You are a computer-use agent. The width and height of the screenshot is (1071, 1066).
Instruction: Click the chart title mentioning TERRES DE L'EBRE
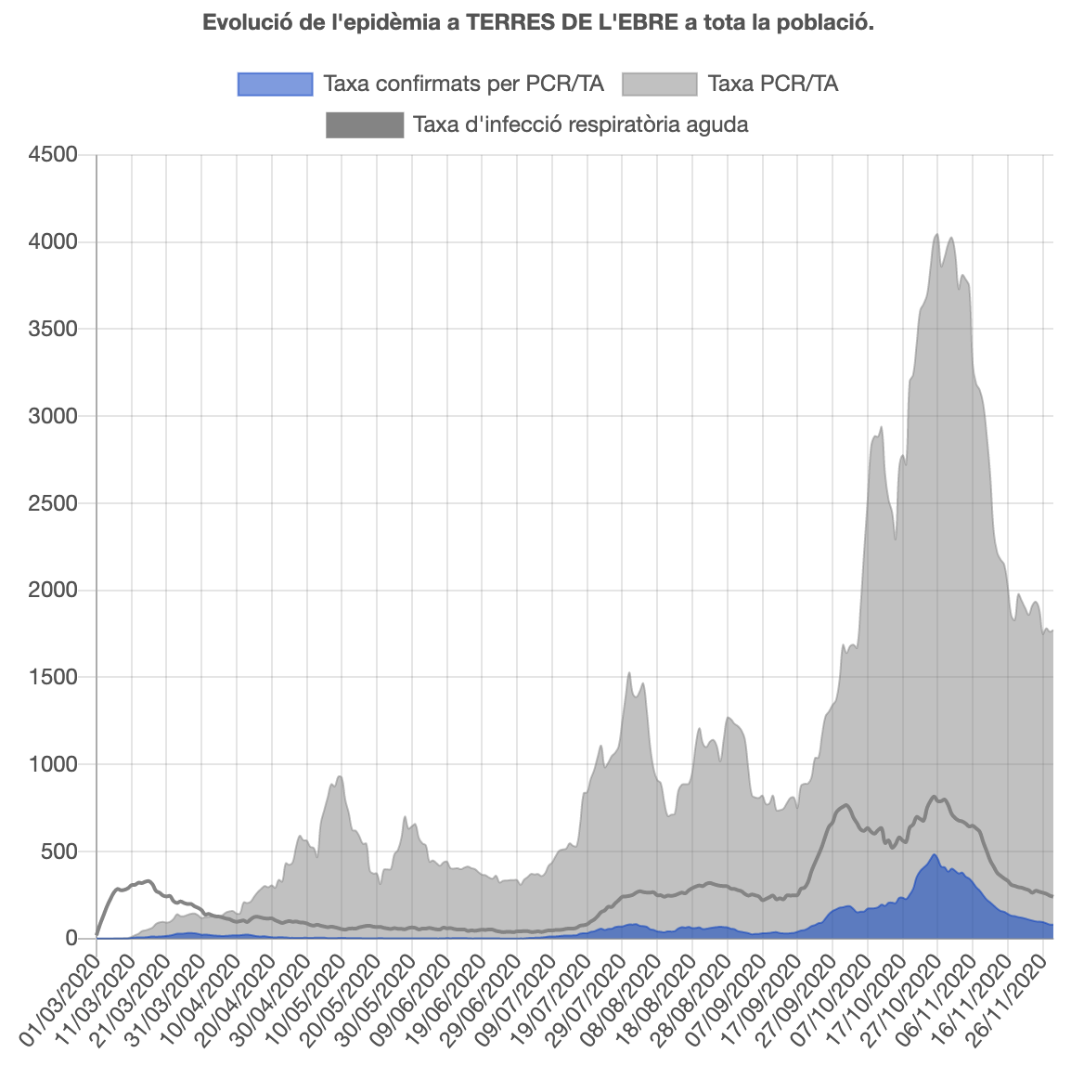538,22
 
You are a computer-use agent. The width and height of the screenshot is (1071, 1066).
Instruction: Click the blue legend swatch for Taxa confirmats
276,84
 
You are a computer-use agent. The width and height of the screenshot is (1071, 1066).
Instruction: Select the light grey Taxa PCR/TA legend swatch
659,84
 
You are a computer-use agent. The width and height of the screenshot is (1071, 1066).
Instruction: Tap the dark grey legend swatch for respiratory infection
365,124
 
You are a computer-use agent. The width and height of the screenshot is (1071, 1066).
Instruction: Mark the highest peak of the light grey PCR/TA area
937,234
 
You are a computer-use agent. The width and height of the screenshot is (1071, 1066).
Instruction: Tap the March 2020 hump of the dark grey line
148,880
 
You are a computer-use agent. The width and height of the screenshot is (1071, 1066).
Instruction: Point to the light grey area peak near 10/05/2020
340,776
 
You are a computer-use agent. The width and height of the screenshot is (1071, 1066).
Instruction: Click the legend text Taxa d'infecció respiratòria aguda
581,124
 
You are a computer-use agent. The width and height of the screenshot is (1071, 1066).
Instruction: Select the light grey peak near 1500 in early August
629,673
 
